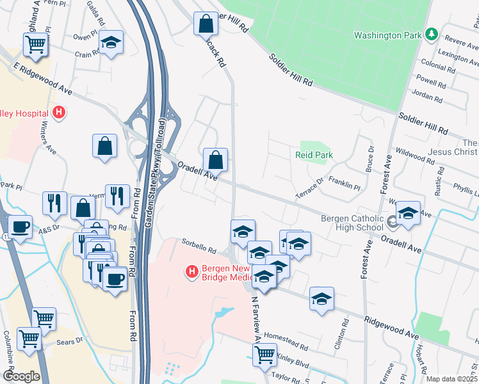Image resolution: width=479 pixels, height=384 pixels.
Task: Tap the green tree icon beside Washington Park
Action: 432,33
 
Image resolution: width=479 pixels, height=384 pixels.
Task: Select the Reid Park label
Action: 314,155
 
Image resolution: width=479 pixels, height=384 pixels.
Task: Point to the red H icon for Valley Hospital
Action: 59,113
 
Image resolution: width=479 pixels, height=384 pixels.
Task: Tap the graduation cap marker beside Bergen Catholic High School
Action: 408,213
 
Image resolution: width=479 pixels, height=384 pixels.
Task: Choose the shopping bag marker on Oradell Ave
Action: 216,160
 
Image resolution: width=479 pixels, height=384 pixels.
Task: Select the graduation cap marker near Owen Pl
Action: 111,42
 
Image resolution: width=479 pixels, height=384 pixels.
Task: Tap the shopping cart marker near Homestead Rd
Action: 264,353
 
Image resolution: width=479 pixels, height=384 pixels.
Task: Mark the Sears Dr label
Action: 70,342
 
